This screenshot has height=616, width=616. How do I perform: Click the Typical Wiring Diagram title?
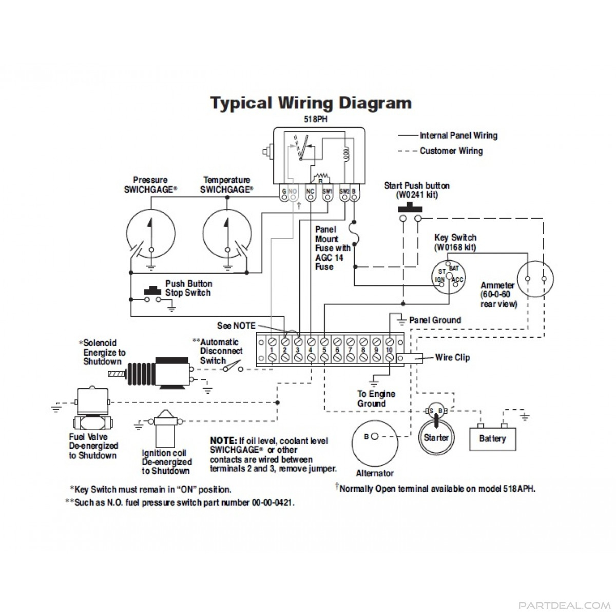tap(311, 103)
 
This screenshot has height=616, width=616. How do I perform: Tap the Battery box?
tap(493, 438)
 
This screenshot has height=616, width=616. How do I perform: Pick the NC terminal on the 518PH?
tap(311, 192)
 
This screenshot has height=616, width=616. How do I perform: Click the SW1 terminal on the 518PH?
tap(328, 192)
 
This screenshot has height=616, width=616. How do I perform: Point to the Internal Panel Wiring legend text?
tap(458, 136)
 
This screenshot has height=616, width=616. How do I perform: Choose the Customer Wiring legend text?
tap(451, 151)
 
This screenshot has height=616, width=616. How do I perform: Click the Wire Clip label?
tap(452, 357)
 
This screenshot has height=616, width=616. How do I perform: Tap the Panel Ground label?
tap(435, 320)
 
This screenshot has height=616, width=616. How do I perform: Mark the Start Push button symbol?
tap(410, 209)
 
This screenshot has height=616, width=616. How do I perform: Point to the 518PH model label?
tap(316, 120)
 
